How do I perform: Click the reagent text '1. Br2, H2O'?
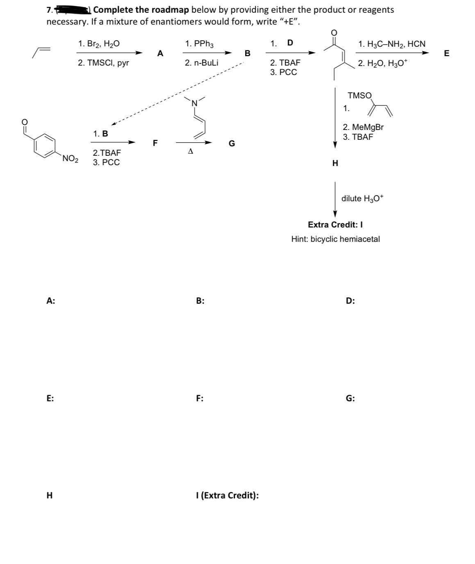(x=99, y=43)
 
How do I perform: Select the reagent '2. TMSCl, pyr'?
(x=103, y=63)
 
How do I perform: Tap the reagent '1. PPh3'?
(x=199, y=43)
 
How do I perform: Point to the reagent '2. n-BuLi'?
(x=201, y=63)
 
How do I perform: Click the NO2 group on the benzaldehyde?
(x=70, y=159)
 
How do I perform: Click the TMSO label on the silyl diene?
(x=359, y=96)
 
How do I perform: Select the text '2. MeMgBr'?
(x=363, y=127)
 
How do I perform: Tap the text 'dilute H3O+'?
(x=363, y=198)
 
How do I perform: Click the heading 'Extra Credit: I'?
(x=335, y=225)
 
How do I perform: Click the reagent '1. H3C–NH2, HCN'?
(x=392, y=43)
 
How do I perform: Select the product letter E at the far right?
(x=446, y=53)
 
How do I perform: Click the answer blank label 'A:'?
(x=51, y=301)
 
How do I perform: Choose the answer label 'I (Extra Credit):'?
(x=227, y=495)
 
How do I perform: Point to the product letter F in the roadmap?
(x=155, y=143)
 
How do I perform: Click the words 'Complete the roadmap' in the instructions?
(x=141, y=9)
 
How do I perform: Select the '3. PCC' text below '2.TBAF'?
(x=106, y=162)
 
